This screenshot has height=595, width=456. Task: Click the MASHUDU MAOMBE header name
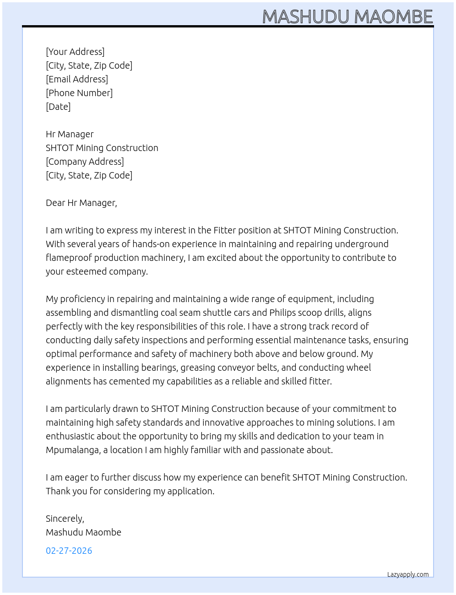tap(347, 17)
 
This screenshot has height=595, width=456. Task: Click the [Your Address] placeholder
tap(75, 52)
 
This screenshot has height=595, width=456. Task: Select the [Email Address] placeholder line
tap(77, 79)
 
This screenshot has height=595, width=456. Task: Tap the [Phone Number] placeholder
tap(79, 93)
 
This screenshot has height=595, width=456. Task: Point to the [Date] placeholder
tap(58, 107)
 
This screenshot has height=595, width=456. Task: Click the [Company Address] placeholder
tap(85, 162)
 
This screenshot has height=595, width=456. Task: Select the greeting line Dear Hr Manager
tap(81, 203)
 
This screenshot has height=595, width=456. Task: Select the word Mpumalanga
tap(73, 450)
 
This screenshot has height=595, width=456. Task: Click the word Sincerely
tap(65, 519)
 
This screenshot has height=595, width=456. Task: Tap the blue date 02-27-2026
tap(69, 551)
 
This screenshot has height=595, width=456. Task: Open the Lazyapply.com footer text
tap(408, 574)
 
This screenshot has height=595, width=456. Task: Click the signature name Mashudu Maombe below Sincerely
tap(83, 532)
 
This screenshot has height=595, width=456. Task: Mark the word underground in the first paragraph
tap(362, 244)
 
